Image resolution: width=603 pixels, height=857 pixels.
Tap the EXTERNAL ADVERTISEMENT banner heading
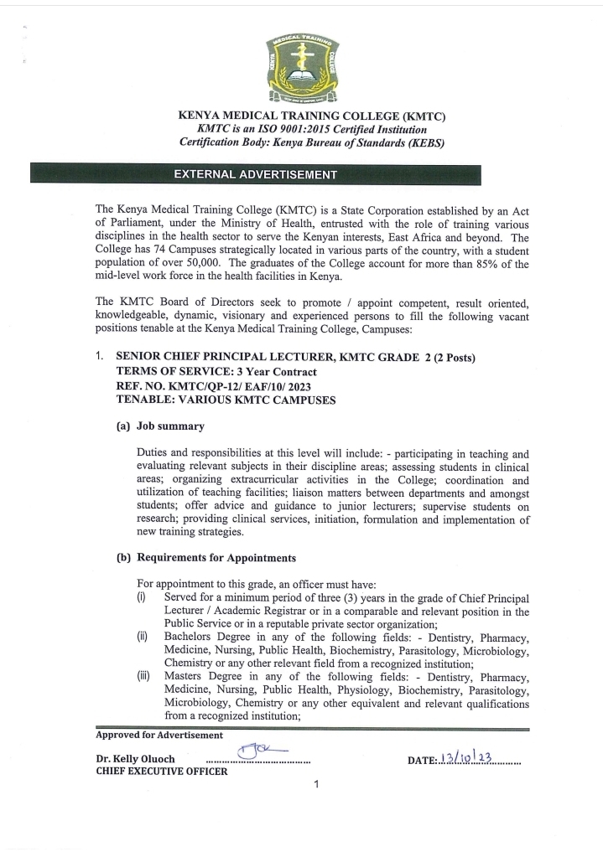255,175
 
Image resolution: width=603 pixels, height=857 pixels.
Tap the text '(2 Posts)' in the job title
454,358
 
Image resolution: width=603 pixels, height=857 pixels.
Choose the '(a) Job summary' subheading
160,426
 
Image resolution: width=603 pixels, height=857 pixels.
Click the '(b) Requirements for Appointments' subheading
205,557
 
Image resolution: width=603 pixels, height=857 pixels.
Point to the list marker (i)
142,596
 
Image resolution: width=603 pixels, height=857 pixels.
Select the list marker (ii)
143,637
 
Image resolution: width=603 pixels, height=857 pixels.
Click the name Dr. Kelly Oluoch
135,760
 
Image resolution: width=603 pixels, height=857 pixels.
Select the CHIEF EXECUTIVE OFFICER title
161,772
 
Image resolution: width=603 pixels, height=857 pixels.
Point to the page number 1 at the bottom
315,785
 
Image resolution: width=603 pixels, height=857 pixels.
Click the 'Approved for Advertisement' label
159,736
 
